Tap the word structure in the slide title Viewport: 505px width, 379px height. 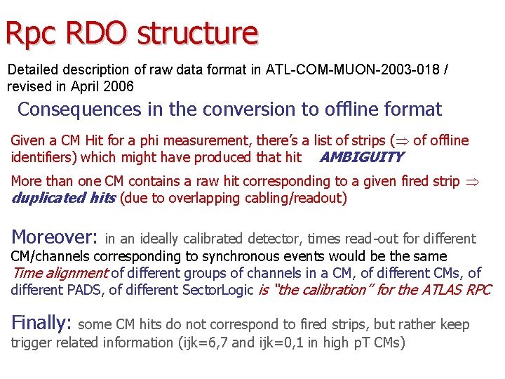click(x=198, y=33)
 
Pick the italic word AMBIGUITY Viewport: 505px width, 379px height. click(x=361, y=157)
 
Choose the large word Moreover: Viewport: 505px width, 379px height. click(x=55, y=237)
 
